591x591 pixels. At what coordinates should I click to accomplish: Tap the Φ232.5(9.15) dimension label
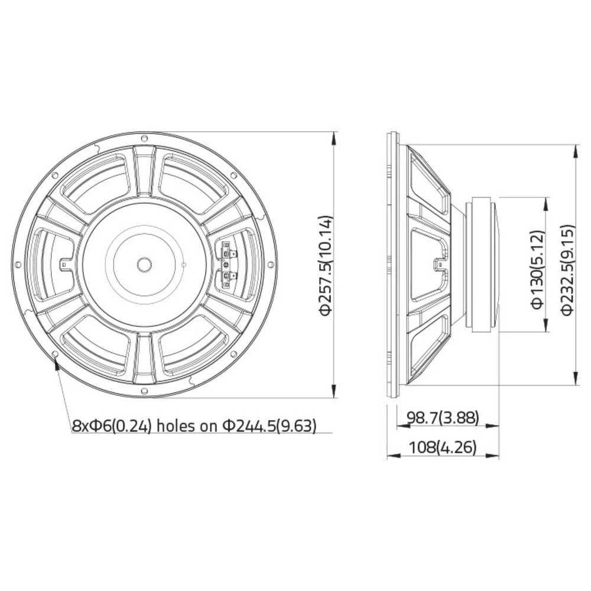(567, 269)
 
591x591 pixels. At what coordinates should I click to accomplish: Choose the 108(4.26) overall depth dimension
(443, 448)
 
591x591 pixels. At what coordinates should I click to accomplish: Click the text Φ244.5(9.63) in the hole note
(269, 426)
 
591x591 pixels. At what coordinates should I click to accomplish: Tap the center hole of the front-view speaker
(144, 264)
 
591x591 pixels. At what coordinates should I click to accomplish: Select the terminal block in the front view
(228, 264)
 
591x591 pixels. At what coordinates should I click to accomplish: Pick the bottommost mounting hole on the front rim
(144, 390)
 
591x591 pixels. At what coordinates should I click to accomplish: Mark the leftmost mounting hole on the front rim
(18, 264)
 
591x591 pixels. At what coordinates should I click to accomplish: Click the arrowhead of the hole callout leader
(57, 362)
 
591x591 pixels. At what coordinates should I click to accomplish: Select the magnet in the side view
(482, 264)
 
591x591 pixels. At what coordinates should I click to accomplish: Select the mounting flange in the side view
(390, 264)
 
